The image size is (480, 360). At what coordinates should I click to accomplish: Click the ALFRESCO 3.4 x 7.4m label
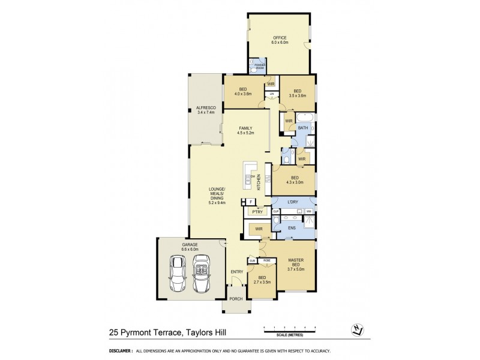point(205,110)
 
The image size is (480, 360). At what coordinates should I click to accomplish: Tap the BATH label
point(303,127)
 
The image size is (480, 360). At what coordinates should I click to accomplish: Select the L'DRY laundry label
point(293,201)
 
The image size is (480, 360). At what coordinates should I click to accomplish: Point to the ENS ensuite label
point(292,228)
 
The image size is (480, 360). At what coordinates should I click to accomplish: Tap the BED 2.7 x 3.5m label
point(262,280)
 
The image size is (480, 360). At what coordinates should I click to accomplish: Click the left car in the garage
point(178,274)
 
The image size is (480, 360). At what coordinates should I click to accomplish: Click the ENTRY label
point(237,272)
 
